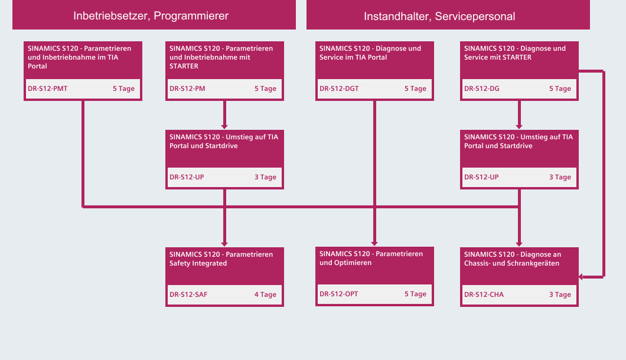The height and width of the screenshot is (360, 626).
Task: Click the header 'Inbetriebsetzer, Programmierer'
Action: (151, 16)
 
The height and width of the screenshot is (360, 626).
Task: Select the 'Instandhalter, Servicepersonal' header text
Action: (439, 17)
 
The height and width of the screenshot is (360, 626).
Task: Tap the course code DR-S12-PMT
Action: (47, 89)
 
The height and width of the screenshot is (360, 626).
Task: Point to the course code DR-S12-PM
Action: (187, 89)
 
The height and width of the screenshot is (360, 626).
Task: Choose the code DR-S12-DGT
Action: (339, 89)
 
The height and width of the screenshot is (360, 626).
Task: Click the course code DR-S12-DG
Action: (481, 89)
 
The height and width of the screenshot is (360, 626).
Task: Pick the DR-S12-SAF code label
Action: (188, 294)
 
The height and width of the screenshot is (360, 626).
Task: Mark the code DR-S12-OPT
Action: (338, 294)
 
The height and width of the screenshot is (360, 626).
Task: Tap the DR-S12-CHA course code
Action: (484, 294)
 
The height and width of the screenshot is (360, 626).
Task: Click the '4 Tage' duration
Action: (265, 294)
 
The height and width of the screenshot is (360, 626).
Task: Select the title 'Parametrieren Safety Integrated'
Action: (221, 258)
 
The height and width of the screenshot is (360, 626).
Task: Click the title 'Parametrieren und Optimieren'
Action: (371, 258)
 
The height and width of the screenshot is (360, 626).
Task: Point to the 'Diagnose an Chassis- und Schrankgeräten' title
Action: (512, 258)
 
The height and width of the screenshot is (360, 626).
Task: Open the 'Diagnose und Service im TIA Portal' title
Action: (370, 53)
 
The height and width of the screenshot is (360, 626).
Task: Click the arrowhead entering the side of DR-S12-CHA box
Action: (581, 277)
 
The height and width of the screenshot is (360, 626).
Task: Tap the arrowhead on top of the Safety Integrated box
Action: (224, 244)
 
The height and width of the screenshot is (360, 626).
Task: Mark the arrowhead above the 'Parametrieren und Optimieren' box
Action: (374, 244)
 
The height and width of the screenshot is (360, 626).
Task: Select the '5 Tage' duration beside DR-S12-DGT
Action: (415, 89)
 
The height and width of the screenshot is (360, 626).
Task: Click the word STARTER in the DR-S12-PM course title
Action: (184, 66)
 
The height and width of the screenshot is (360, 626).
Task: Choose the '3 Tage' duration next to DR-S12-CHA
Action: (560, 294)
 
